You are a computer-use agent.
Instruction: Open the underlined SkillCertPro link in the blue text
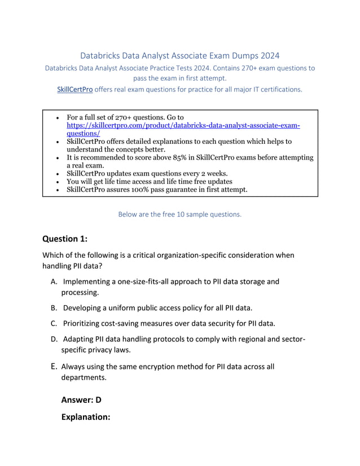(x=74, y=89)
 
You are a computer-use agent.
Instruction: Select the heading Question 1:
(x=65, y=239)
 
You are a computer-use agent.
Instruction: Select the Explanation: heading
(x=85, y=417)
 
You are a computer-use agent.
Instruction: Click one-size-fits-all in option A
(x=141, y=281)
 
